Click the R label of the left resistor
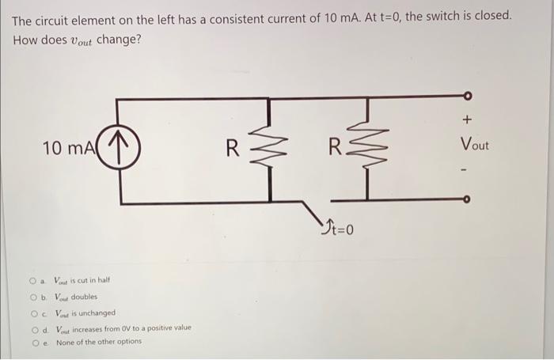pyautogui.click(x=232, y=148)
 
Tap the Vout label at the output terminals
pyautogui.click(x=475, y=146)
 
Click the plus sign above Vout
pyautogui.click(x=467, y=120)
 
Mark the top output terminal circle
pyautogui.click(x=467, y=97)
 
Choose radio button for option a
pyautogui.click(x=33, y=281)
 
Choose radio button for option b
pyautogui.click(x=33, y=297)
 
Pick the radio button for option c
pyautogui.click(x=33, y=313)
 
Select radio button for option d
pyautogui.click(x=33, y=328)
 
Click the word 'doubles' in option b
pyautogui.click(x=85, y=297)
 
